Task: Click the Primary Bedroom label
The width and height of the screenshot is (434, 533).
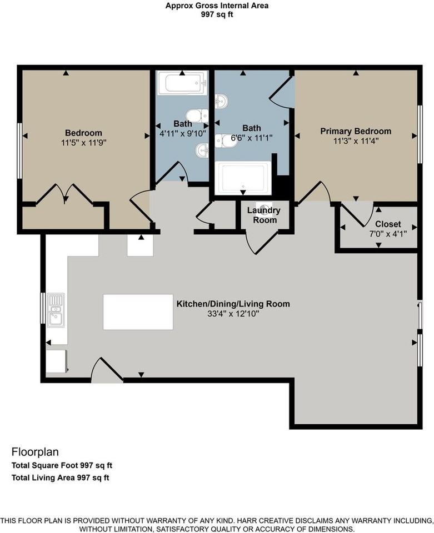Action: click(356, 131)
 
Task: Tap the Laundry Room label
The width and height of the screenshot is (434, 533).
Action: click(264, 215)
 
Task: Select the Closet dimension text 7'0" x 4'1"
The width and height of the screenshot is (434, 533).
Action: click(388, 234)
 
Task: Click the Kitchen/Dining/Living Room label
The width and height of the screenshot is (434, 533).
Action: click(233, 304)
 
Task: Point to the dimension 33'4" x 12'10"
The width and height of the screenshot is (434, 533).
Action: click(233, 314)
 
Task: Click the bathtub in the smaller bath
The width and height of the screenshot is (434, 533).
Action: click(182, 83)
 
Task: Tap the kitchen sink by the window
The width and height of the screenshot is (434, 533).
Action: click(56, 310)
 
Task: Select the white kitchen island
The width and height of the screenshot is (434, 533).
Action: click(138, 311)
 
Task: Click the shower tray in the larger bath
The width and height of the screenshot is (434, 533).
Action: click(243, 178)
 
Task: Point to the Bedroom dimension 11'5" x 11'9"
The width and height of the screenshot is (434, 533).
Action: click(84, 143)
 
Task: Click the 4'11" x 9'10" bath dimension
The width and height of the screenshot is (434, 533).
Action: click(183, 133)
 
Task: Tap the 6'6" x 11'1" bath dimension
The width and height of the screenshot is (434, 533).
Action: click(252, 138)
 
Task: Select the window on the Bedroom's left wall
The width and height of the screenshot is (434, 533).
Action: click(20, 150)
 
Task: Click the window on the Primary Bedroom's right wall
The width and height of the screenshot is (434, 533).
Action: click(420, 134)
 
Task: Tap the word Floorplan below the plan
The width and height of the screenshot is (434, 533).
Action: click(35, 452)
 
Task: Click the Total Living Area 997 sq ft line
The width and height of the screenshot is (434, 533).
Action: click(60, 477)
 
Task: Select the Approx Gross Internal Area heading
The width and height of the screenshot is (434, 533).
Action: click(217, 6)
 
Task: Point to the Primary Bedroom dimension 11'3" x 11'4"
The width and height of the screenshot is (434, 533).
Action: click(356, 140)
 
